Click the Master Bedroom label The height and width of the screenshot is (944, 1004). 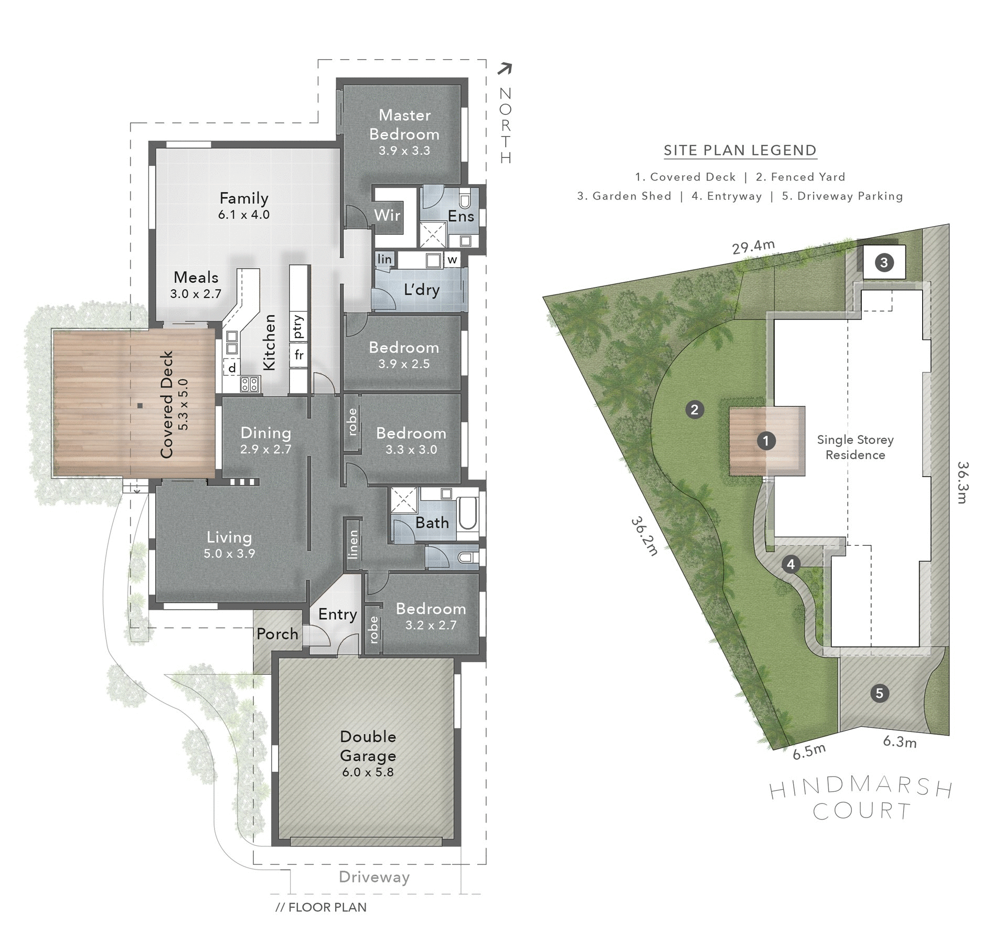tap(404, 124)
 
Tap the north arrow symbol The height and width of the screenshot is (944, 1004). tap(505, 69)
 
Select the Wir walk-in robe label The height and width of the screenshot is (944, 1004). tap(387, 215)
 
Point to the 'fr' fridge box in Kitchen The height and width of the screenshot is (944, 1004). tap(298, 355)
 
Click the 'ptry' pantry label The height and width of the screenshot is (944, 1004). tap(298, 326)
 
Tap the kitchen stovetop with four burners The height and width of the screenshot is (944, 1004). tap(250, 384)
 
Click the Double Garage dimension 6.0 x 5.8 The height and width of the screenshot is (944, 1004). tap(368, 772)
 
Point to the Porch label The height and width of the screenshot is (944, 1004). tap(277, 634)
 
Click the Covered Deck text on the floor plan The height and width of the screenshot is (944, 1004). tap(167, 404)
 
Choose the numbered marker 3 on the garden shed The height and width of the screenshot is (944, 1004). tap(884, 262)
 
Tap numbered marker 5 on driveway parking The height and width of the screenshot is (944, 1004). tap(879, 693)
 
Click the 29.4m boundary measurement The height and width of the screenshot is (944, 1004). tap(753, 247)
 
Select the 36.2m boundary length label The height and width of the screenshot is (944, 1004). tap(644, 536)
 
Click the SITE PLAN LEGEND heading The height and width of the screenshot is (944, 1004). tap(740, 151)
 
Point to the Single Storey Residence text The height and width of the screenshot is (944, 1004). tap(855, 447)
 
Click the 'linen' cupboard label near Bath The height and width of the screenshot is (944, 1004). tap(353, 544)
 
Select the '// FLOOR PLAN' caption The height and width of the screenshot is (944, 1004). tap(321, 907)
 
